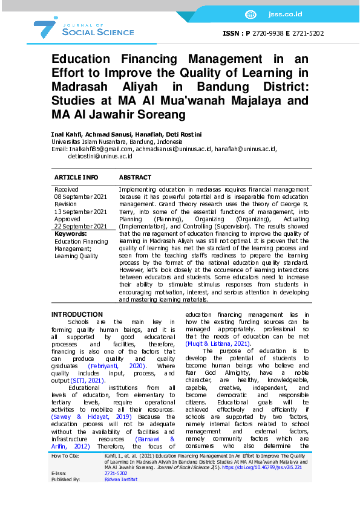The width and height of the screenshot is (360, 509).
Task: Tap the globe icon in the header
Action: coord(250,15)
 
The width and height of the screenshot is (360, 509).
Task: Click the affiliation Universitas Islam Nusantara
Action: coord(90,141)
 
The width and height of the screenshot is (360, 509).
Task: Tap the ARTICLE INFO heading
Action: coord(76,178)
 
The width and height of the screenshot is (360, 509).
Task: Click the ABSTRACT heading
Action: coord(135,178)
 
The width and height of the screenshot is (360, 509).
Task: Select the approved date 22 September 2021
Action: coord(81,226)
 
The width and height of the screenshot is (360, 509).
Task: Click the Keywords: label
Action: coord(70,233)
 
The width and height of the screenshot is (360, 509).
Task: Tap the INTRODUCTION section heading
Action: coord(77,314)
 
